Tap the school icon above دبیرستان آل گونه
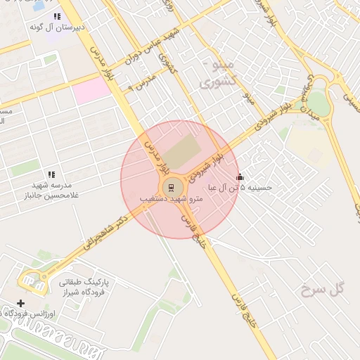[57, 16]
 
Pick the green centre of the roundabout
[319, 104]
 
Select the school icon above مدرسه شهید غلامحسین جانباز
[51, 174]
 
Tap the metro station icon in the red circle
[170, 186]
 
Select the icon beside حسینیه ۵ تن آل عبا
[240, 177]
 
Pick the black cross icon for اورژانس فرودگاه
[20, 303]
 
